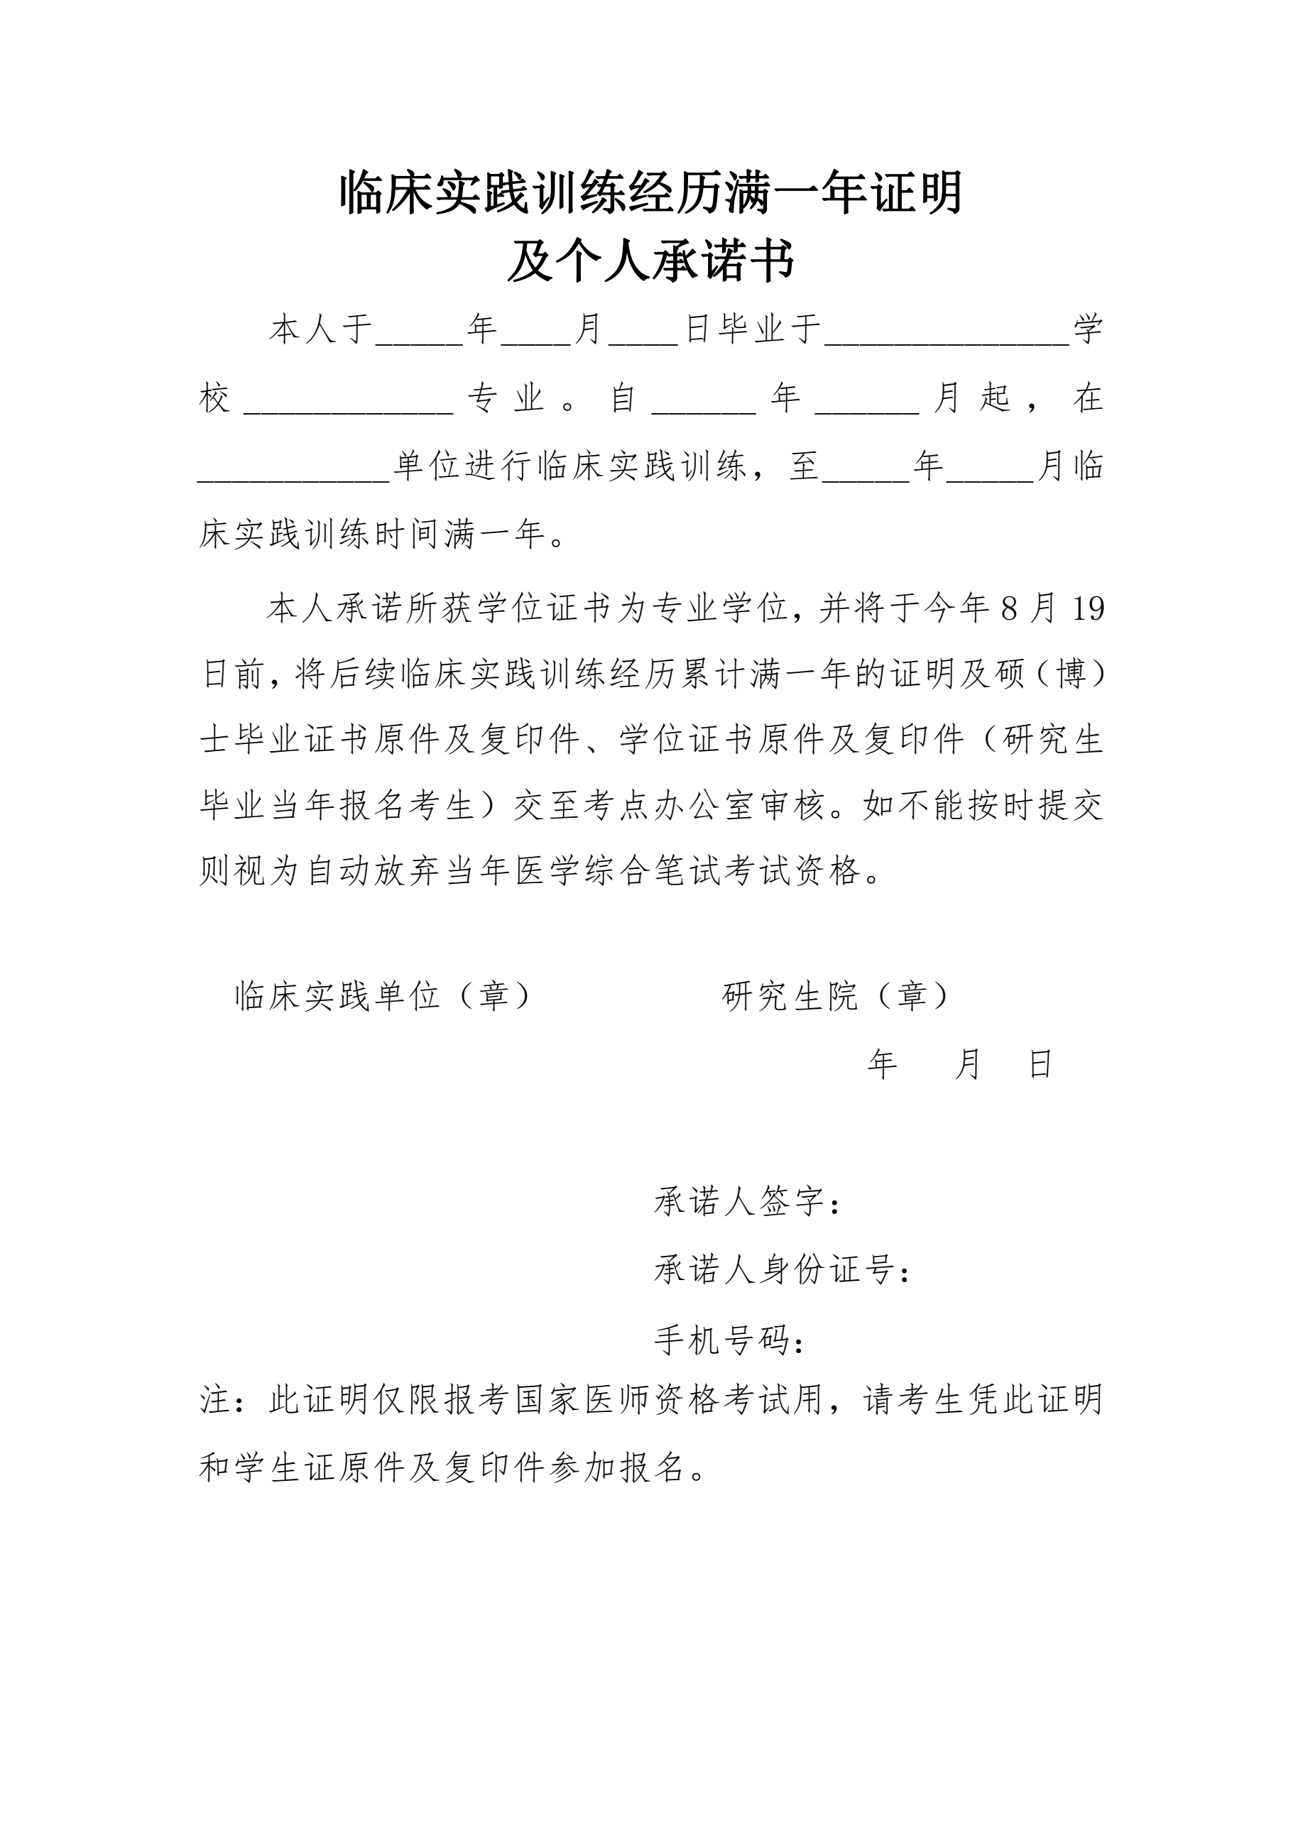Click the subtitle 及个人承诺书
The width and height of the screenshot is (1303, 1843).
click(651, 263)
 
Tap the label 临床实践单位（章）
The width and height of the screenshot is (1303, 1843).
click(383, 996)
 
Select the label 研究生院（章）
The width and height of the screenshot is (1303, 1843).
click(836, 996)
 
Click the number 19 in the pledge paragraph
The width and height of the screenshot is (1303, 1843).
click(1088, 610)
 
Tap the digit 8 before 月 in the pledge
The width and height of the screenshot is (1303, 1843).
click(1009, 610)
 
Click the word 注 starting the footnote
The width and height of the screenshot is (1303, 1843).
click(215, 1401)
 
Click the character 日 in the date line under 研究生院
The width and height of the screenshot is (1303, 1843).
click(1040, 1065)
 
